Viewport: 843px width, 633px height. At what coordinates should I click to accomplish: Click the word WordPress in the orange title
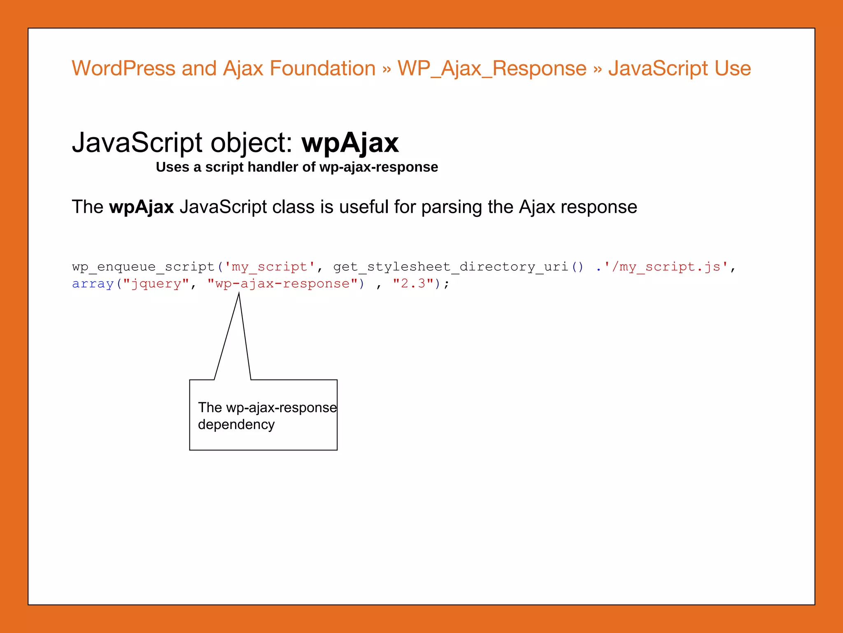[123, 68]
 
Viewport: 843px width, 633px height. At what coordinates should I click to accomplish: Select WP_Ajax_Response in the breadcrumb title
[492, 68]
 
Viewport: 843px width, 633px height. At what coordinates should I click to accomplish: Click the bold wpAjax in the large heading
[350, 143]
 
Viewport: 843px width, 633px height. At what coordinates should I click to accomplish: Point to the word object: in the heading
[251, 143]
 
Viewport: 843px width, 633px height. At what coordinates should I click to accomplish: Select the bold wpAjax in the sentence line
[141, 207]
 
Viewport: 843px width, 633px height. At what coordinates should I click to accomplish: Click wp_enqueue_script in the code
[143, 267]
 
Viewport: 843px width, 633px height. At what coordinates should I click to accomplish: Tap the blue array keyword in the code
[93, 284]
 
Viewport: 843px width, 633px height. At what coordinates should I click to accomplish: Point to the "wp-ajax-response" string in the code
[282, 284]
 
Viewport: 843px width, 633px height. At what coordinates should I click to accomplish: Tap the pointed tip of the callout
[239, 294]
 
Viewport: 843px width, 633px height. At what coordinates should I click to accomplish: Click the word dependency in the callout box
[236, 424]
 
